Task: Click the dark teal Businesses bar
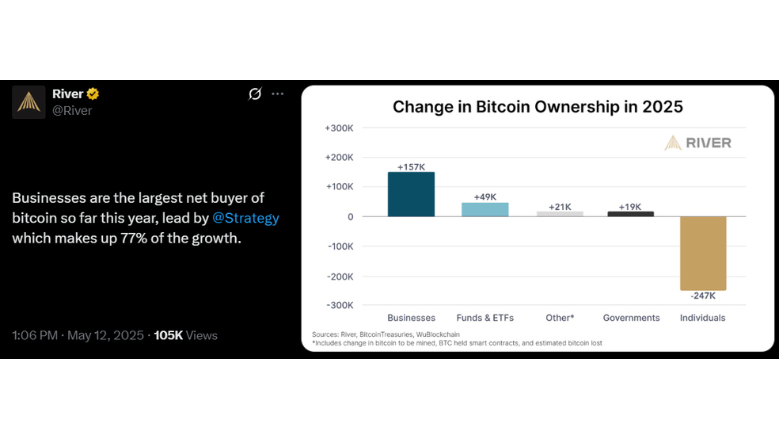point(411,194)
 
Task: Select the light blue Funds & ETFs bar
point(484,210)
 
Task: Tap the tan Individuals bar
point(703,253)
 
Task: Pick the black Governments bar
point(630,214)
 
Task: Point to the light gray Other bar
point(560,214)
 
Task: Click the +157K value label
point(411,167)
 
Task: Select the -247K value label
point(703,296)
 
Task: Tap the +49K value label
point(484,197)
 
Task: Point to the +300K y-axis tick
point(339,128)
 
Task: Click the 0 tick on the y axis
point(350,217)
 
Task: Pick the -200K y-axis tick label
point(340,277)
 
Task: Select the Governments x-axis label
point(631,318)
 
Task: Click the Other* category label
point(560,318)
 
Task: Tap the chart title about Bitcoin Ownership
point(538,107)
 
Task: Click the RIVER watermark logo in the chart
point(697,143)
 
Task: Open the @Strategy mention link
point(245,218)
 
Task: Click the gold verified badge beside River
point(93,94)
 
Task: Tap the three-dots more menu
point(277,94)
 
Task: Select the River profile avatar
point(28,102)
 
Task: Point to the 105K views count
point(169,335)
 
